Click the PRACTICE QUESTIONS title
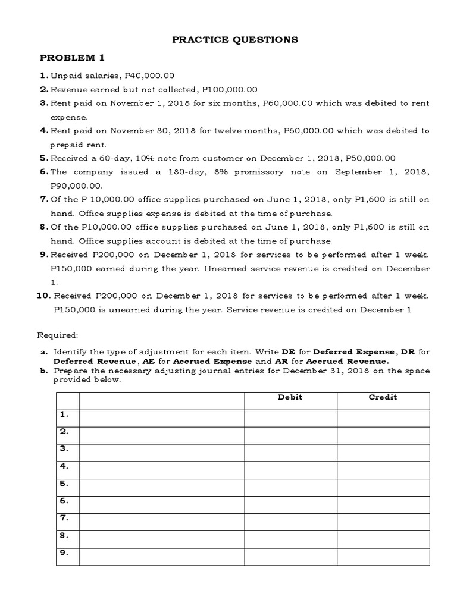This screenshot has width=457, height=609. point(227,40)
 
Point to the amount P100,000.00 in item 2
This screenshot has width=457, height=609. point(230,89)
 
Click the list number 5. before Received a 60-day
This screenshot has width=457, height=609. point(43,158)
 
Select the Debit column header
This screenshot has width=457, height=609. point(290,397)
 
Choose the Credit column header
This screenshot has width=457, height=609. point(383,397)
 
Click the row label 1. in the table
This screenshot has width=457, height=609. point(64,414)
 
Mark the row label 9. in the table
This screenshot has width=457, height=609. point(64,553)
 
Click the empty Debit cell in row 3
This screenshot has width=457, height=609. point(290,453)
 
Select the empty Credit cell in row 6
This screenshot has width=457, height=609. point(383,504)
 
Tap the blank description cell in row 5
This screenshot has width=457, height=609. point(161,487)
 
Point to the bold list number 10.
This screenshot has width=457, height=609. point(45,296)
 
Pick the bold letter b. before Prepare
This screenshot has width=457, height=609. point(44,371)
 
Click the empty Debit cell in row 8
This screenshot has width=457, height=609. point(290,539)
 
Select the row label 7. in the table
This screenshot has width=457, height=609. point(64,518)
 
